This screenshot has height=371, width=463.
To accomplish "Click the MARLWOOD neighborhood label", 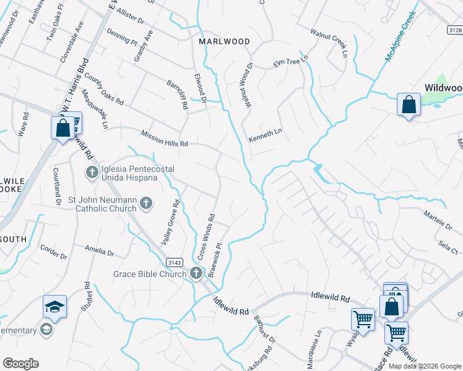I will tap(224, 41).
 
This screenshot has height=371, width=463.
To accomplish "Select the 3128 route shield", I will tap(454, 29).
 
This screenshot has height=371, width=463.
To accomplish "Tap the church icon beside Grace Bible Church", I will tap(197, 273).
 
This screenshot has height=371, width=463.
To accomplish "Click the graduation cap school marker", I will tap(54, 307).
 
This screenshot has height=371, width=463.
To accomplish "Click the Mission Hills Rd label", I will tap(164, 139).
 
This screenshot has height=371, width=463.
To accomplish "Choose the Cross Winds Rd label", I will tap(206, 237).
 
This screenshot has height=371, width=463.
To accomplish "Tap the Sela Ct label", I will tap(448, 249).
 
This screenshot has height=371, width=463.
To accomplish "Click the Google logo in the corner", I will tap(20, 364).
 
